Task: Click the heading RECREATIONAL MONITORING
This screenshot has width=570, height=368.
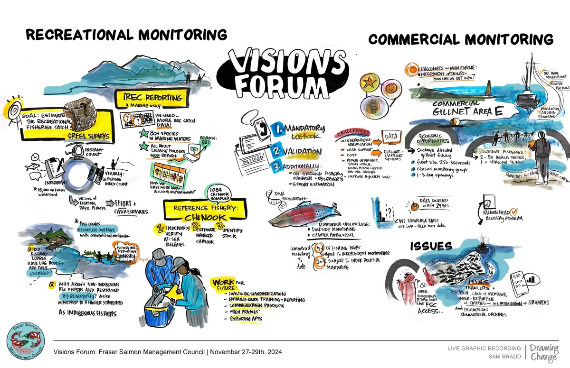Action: (x=126, y=34)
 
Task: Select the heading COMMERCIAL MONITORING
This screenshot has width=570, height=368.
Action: (x=461, y=39)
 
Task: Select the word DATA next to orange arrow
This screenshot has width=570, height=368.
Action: (x=391, y=136)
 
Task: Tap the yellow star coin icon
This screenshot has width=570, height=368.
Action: (x=369, y=82)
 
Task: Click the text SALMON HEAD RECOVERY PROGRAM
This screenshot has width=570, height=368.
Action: (x=501, y=216)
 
